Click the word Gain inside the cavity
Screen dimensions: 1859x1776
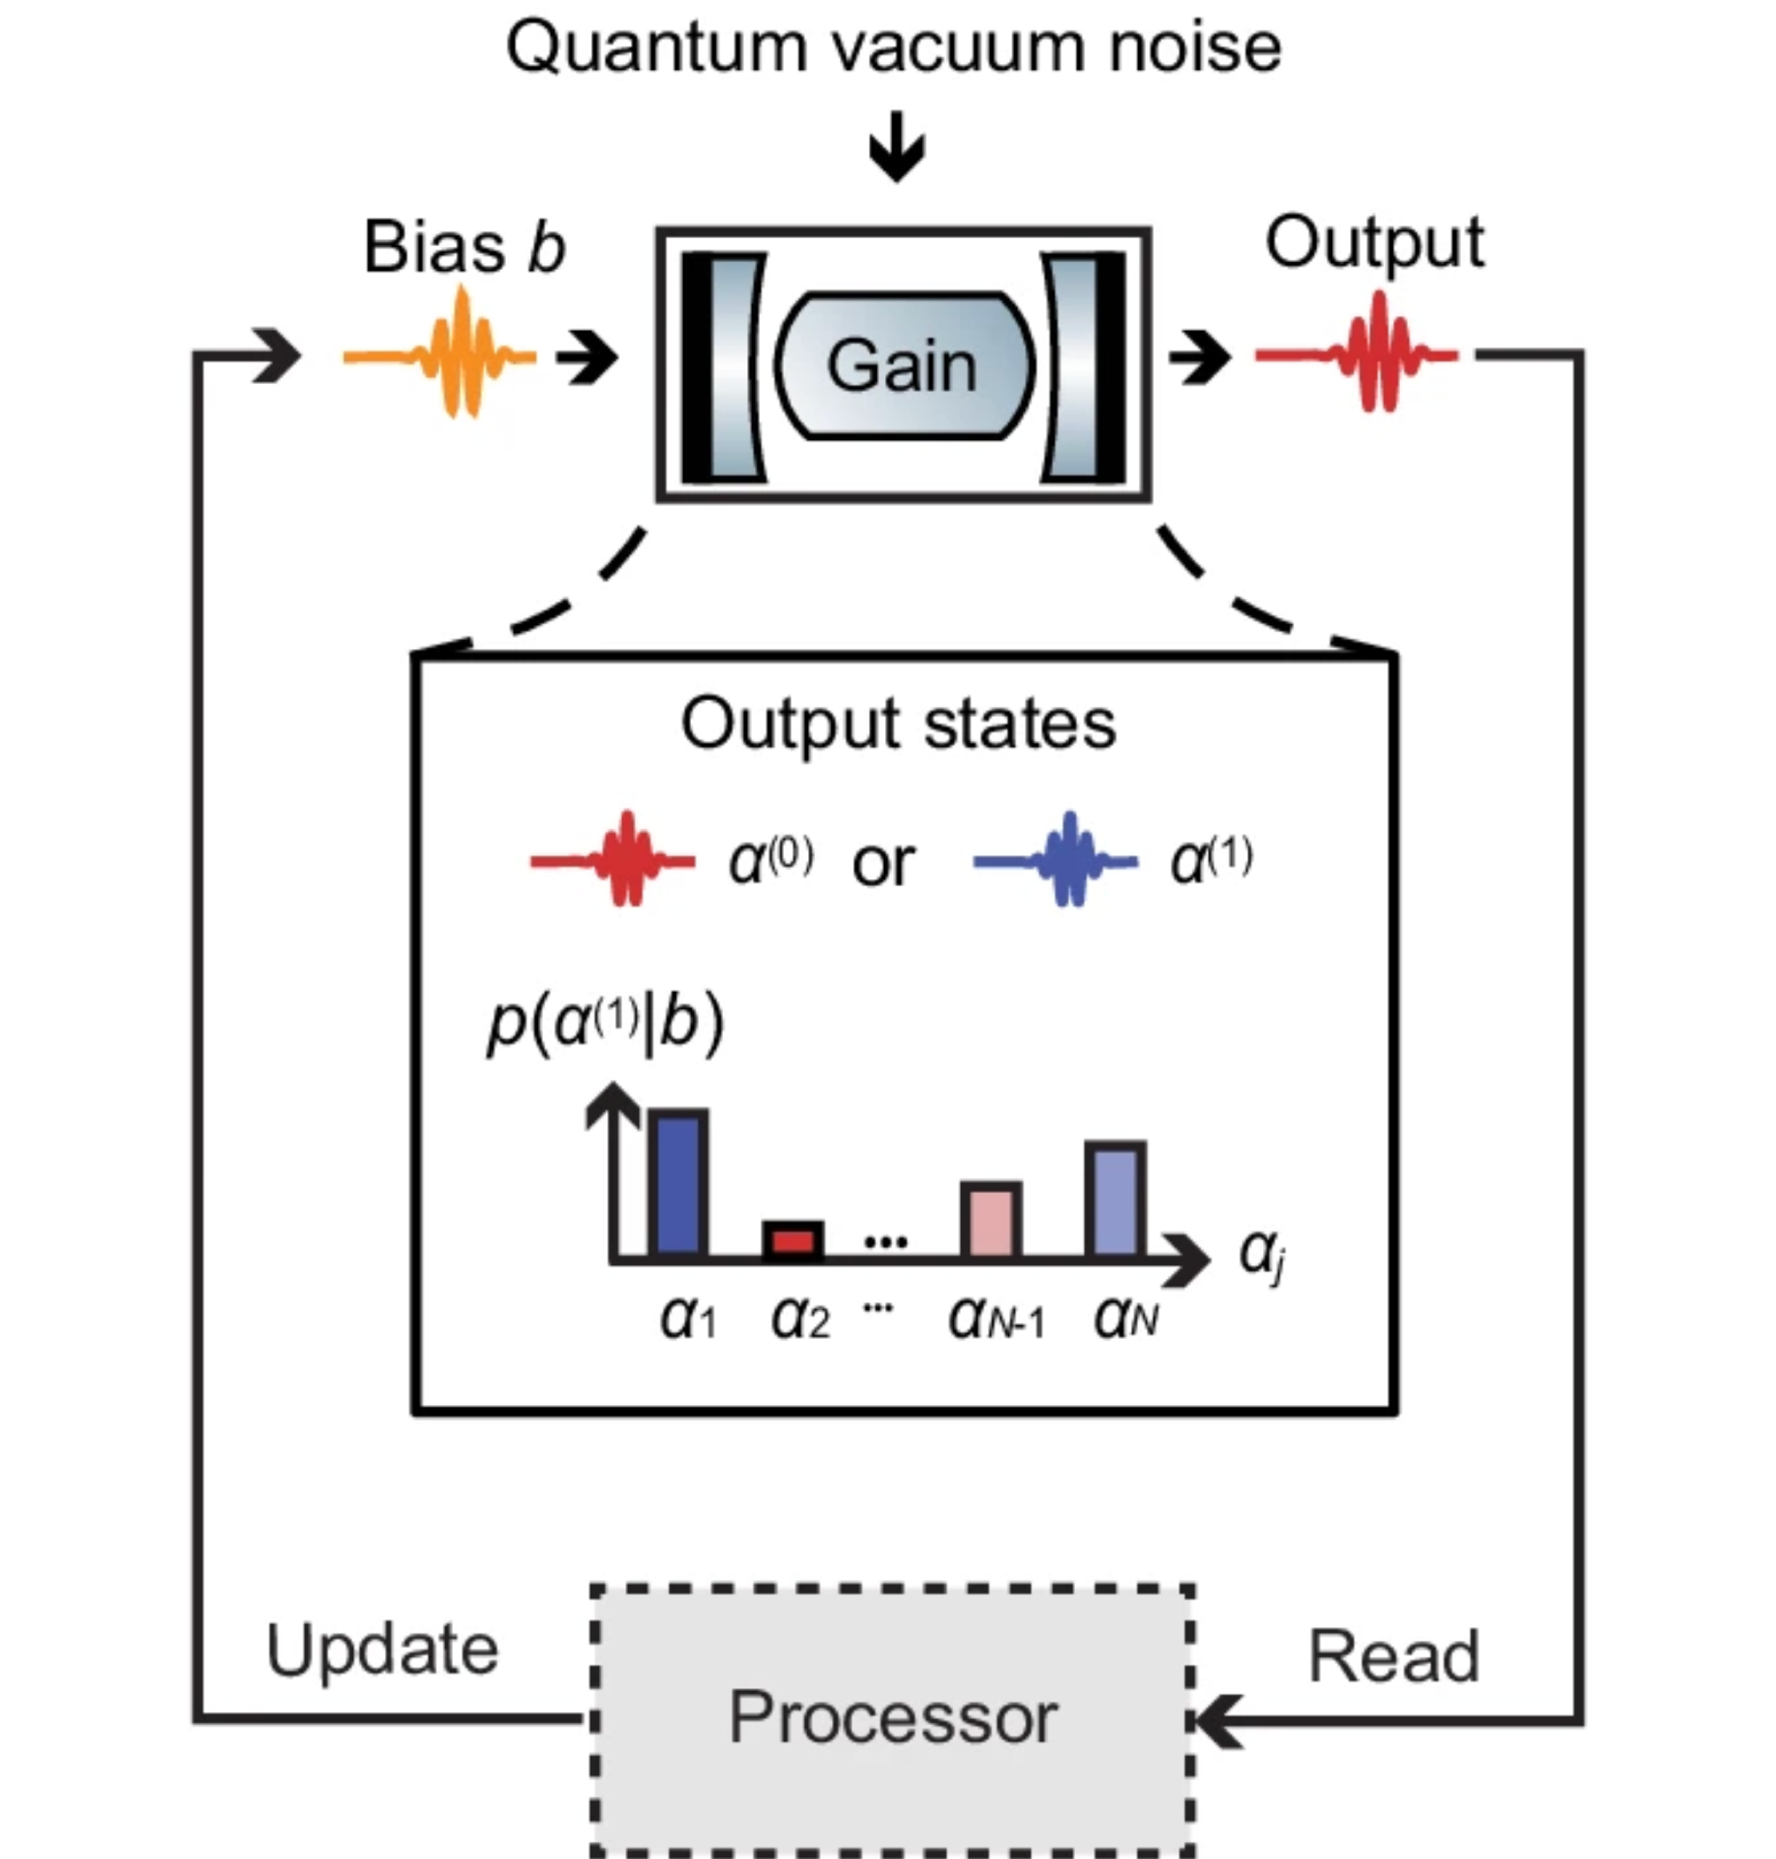901,366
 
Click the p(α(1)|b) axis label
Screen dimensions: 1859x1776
606,1024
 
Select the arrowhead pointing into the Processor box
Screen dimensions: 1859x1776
1212,1720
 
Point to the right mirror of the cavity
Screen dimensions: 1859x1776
1082,367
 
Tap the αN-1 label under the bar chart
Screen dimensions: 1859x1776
996,1319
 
